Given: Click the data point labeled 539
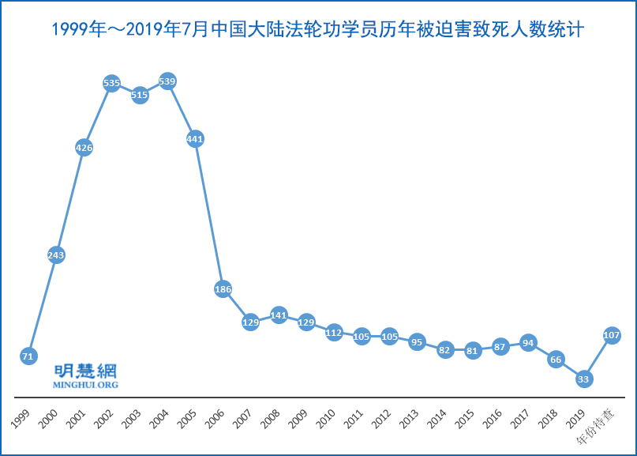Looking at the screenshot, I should [x=167, y=81].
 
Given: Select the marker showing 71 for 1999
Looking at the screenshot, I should [x=28, y=356].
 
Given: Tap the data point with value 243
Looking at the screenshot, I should [x=56, y=255].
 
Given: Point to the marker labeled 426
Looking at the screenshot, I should [x=84, y=147].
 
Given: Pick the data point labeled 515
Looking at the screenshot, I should [x=140, y=95].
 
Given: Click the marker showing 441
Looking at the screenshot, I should [x=195, y=139].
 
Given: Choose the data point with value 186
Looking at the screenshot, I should [x=223, y=289].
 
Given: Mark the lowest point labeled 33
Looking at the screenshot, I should [x=583, y=379].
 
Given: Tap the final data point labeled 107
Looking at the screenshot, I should [x=612, y=335].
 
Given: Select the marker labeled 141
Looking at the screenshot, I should [x=279, y=315].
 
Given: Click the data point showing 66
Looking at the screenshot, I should [x=556, y=360].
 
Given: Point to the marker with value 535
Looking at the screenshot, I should [x=111, y=83].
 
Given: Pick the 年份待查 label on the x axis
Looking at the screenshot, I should [x=601, y=424].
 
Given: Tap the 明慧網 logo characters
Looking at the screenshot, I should [x=84, y=371].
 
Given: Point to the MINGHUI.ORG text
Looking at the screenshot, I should [x=84, y=385].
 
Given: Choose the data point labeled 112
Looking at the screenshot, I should [x=334, y=333].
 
